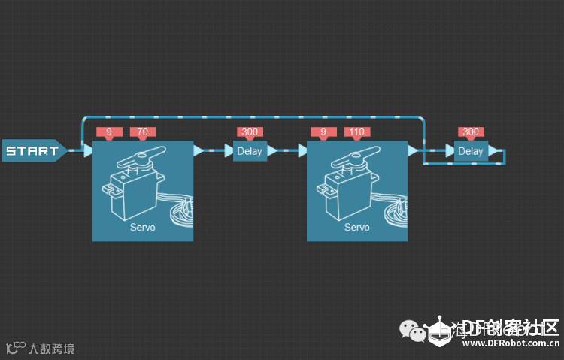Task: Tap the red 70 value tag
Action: click(142, 132)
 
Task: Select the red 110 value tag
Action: click(356, 132)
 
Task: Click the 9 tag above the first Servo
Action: click(109, 132)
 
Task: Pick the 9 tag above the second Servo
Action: click(323, 132)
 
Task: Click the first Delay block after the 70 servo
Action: click(250, 151)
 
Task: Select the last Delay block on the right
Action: click(471, 151)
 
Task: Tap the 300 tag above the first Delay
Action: click(250, 132)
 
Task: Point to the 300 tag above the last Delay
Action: click(471, 132)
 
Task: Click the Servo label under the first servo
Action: click(143, 227)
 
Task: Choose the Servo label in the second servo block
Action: click(357, 227)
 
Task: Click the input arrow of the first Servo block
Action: click(88, 150)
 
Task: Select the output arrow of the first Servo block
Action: click(199, 150)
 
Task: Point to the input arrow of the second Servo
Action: click(302, 150)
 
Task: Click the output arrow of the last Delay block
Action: click(493, 151)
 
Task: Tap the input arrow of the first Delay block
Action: click(229, 150)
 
